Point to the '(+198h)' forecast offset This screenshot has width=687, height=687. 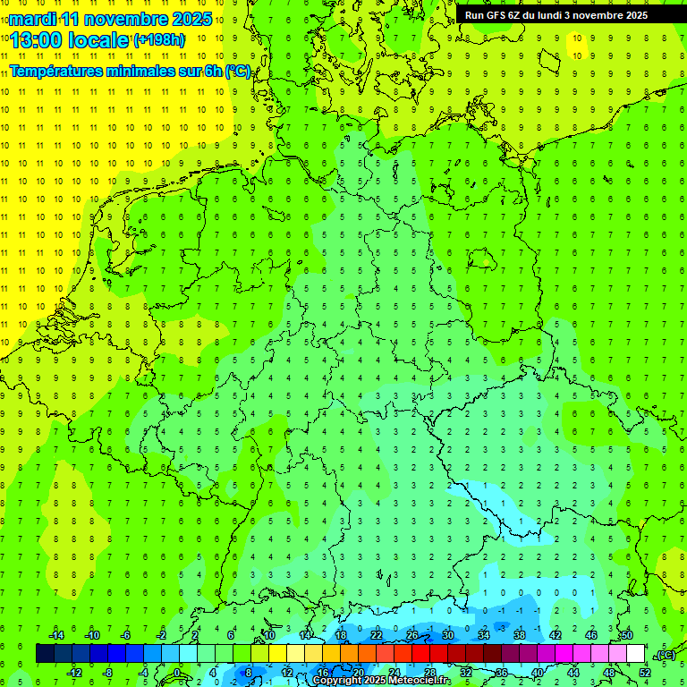click(159, 40)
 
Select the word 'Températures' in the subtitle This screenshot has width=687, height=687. click(55, 72)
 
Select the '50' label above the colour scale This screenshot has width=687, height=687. click(626, 635)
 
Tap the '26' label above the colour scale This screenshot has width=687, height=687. click(412, 635)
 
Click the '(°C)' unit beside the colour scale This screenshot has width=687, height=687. click(665, 655)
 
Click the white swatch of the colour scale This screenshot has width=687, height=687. click(636, 654)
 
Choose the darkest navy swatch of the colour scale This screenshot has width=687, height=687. click(45, 654)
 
